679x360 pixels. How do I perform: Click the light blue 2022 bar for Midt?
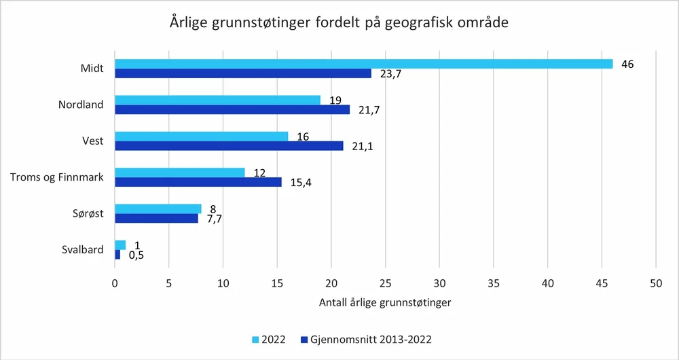tap(363, 64)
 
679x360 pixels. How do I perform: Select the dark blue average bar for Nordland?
tap(232, 109)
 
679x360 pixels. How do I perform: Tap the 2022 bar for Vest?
tap(201, 137)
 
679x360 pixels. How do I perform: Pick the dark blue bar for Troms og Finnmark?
tap(198, 182)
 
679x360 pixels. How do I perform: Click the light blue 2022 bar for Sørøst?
tap(158, 209)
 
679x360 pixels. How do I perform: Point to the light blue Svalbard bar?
tap(120, 245)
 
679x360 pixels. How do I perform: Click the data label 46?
tap(627, 64)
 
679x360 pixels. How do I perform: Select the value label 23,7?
tap(390, 74)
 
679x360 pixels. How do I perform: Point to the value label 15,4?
tap(301, 183)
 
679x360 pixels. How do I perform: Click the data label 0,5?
tap(136, 255)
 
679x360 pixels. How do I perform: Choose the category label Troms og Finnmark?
tap(56, 177)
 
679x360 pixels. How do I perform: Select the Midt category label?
tap(91, 69)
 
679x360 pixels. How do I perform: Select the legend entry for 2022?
tap(269, 339)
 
